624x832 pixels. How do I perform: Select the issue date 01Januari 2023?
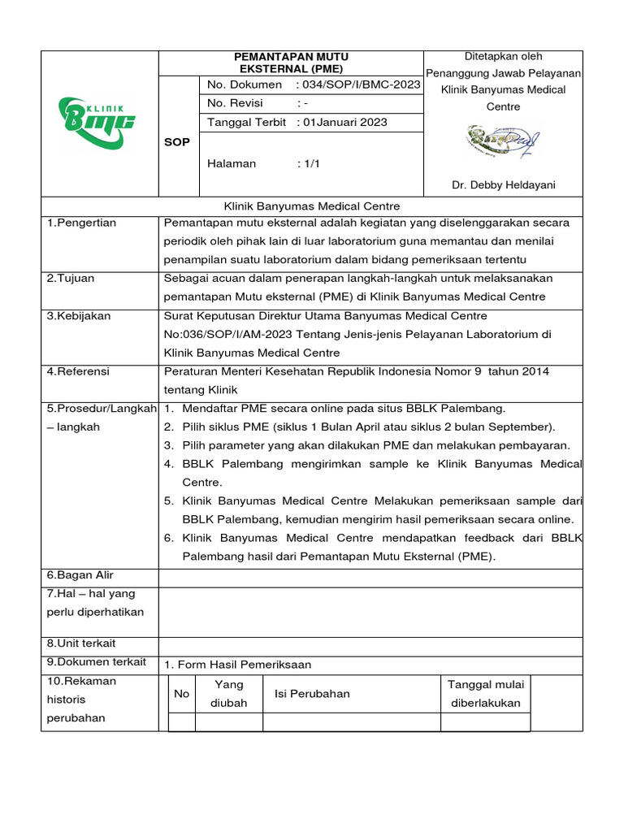(x=344, y=123)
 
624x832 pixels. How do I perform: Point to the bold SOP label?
(x=177, y=142)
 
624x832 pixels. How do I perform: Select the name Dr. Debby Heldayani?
(x=504, y=185)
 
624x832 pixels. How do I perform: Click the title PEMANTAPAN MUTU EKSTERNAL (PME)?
(x=291, y=63)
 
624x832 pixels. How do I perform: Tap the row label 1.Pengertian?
(x=81, y=223)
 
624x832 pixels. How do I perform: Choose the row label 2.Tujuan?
(x=71, y=279)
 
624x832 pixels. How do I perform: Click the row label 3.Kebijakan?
(x=79, y=316)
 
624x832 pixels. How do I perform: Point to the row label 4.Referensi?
(x=78, y=371)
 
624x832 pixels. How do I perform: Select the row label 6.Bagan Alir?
(x=81, y=576)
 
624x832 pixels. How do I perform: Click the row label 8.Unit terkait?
(x=82, y=643)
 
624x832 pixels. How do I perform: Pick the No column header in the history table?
(x=181, y=694)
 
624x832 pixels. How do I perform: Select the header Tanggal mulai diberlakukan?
(x=486, y=694)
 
